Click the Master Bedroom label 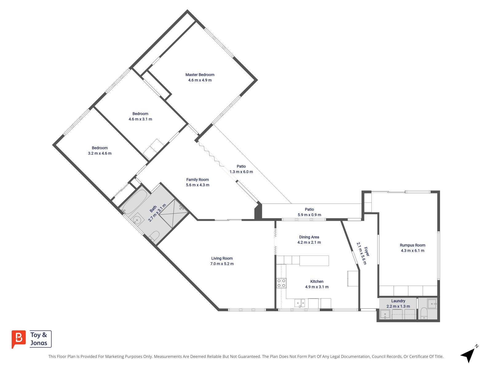[x=200, y=75]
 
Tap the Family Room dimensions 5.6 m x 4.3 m [x=197, y=185]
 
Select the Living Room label [x=222, y=258]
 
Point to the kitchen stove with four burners [x=281, y=283]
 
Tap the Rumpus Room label [x=412, y=245]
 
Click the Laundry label [x=398, y=301]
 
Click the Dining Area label [x=309, y=237]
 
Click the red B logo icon [x=19, y=339]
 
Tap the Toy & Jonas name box [x=41, y=339]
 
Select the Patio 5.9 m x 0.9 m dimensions [x=309, y=215]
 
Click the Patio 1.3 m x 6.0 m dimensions [x=241, y=172]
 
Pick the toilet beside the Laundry [x=424, y=313]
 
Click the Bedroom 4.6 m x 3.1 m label [x=140, y=117]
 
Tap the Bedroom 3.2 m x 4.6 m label [x=100, y=151]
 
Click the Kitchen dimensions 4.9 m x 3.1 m [x=317, y=287]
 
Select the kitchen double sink [x=300, y=303]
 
